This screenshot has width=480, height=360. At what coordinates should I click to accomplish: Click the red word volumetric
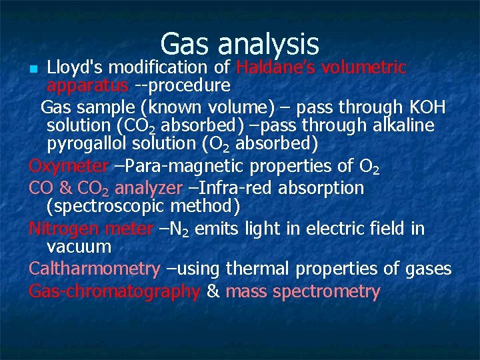365,67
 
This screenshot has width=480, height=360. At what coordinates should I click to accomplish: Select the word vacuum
79,247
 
